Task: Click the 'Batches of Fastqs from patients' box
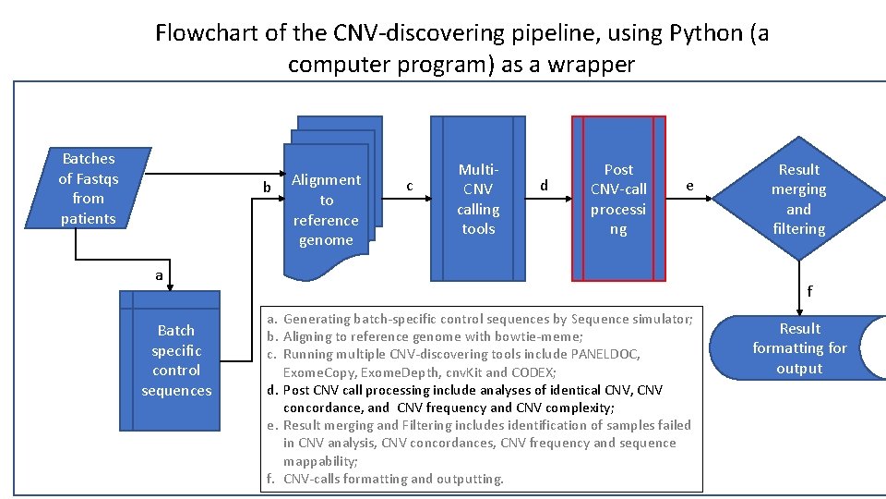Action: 89,189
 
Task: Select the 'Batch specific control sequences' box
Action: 176,359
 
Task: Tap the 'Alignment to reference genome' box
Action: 326,210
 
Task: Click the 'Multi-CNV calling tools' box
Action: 478,199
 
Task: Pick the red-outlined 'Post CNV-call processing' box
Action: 618,199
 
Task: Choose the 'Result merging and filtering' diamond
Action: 798,199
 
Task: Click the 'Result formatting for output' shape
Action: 799,348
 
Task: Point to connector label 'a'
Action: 159,275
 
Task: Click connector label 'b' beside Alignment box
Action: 268,188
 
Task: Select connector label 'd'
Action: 544,186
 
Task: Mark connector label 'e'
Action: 688,186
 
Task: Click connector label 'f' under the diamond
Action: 809,291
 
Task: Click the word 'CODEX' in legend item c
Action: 533,371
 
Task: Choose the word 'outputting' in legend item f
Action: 470,479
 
